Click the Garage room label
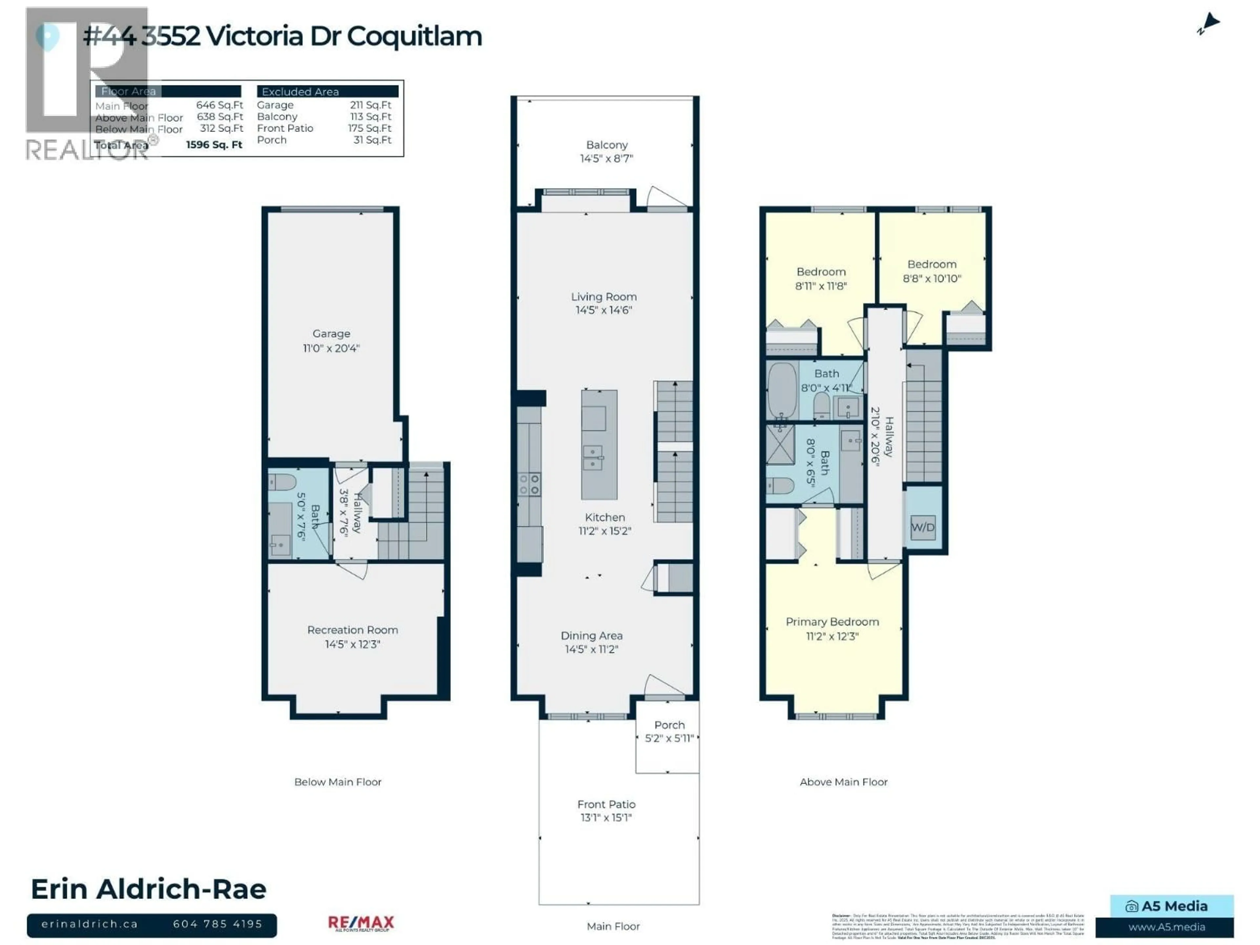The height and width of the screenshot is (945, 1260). tap(331, 334)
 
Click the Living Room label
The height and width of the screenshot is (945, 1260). tap(604, 297)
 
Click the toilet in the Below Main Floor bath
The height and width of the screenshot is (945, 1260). tap(282, 482)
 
